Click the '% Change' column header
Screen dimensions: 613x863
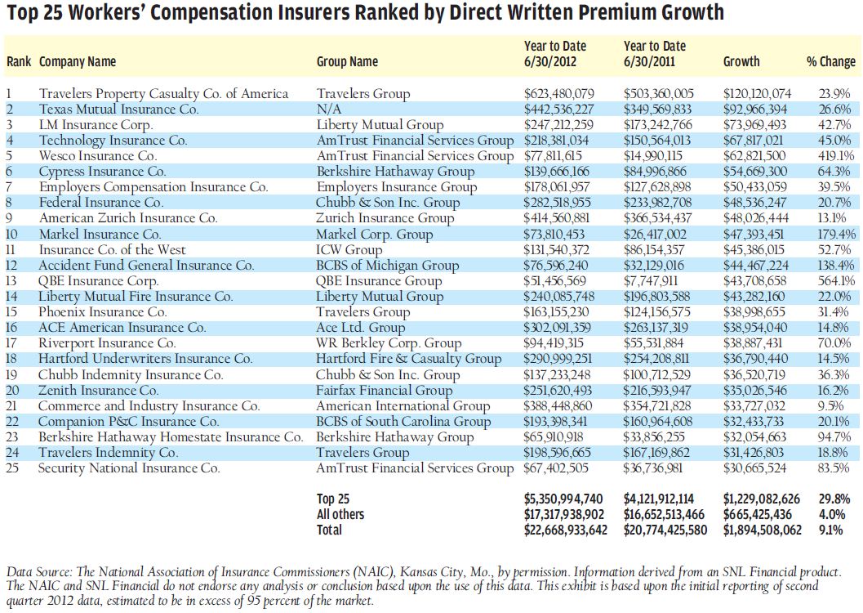coord(831,61)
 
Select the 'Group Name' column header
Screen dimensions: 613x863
coord(347,61)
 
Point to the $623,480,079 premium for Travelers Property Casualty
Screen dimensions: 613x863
coord(558,93)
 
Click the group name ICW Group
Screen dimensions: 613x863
coord(352,249)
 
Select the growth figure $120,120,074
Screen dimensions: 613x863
coord(757,93)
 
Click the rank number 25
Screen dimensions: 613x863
coord(12,468)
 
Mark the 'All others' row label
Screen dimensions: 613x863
coord(340,514)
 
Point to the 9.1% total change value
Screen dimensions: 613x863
coord(837,530)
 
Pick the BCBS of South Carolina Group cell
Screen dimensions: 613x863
coord(403,422)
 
